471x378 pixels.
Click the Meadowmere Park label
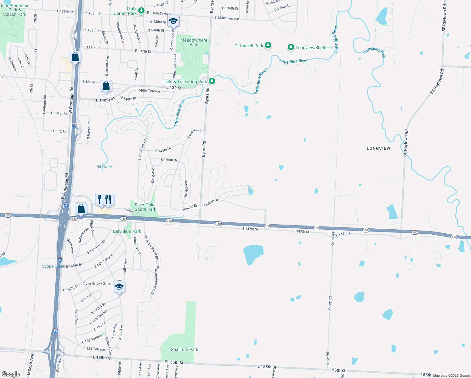click(194, 42)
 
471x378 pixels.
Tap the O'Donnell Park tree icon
click(268, 46)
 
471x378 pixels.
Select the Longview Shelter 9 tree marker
click(291, 48)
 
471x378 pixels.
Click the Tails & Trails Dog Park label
click(185, 82)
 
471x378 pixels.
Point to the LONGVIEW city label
click(378, 148)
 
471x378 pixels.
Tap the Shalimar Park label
click(184, 349)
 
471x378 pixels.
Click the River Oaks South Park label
click(145, 207)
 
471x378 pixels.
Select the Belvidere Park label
click(127, 231)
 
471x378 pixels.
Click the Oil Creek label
click(105, 167)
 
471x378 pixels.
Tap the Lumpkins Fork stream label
click(375, 53)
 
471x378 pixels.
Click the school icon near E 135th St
click(173, 21)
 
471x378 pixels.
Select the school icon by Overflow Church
click(119, 287)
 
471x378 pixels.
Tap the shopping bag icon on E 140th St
click(106, 86)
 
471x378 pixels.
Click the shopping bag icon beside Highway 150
click(81, 209)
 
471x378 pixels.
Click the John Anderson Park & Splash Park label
click(14, 10)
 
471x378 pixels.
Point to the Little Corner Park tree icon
click(141, 11)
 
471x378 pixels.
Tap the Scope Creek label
click(54, 266)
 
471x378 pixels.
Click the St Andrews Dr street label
click(142, 150)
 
